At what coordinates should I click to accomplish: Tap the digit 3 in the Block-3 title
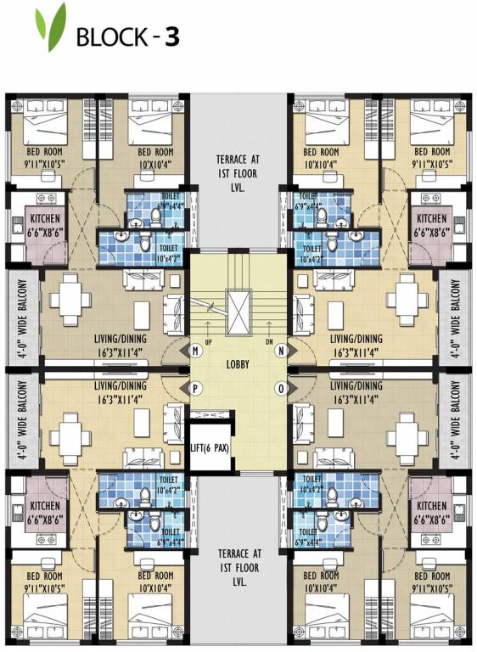tap(171, 38)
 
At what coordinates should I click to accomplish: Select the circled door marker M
tap(195, 351)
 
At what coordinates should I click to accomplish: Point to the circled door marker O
tap(282, 388)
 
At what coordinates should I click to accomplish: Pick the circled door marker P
tap(195, 388)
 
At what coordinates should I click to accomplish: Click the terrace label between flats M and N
tap(238, 174)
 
